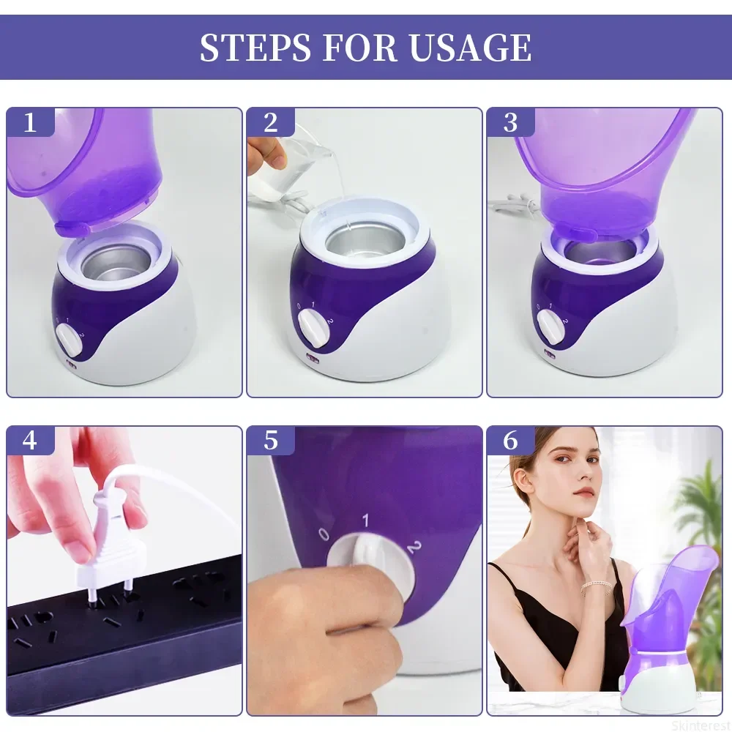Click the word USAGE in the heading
[x=470, y=47]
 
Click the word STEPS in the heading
[x=255, y=47]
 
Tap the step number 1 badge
[x=30, y=122]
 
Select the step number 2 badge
[x=271, y=122]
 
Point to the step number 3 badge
[x=511, y=122]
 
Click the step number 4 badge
[x=30, y=440]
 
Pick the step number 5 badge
[x=271, y=440]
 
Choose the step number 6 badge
[x=511, y=440]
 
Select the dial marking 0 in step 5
[x=324, y=534]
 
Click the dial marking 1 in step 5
[x=365, y=520]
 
